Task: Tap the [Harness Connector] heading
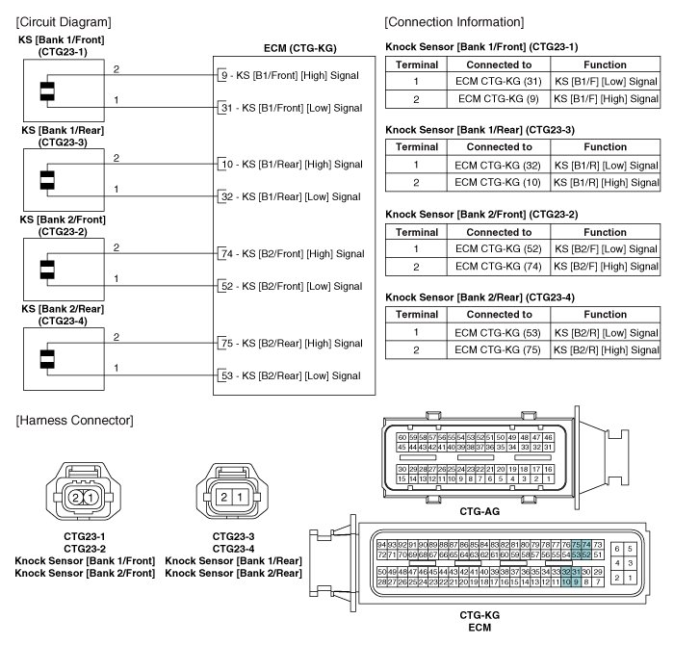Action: pos(74,421)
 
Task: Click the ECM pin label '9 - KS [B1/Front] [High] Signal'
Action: pos(289,74)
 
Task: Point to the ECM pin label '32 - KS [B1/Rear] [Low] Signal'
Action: pos(290,196)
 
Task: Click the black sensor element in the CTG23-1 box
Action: pos(45,90)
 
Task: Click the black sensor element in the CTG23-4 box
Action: pos(45,358)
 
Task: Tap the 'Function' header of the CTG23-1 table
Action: pos(606,64)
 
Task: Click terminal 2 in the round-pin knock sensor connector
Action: pos(75,497)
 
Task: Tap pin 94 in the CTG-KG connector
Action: pos(381,544)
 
